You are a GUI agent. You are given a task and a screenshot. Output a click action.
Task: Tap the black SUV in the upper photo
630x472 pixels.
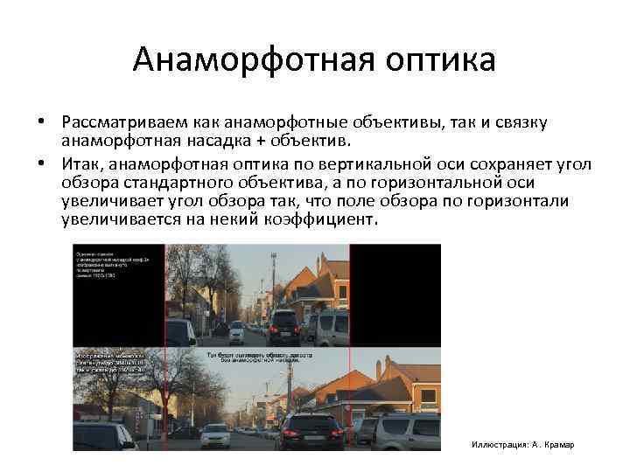284,328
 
